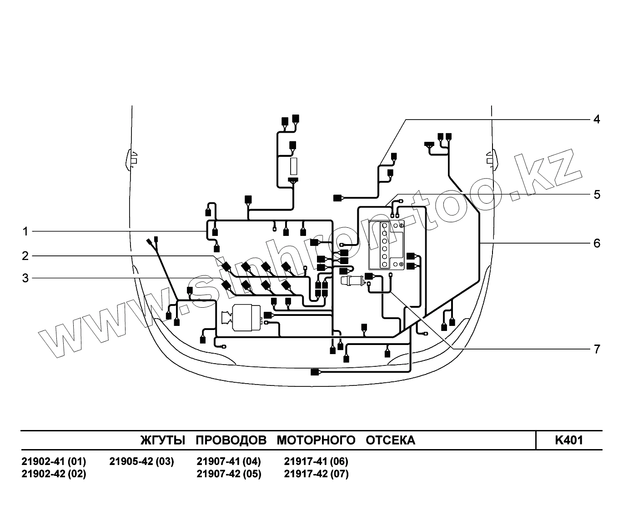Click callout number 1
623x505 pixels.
25,232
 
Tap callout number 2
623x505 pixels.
25,256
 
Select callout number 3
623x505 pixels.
25,278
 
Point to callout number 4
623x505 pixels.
597,119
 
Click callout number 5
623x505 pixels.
597,195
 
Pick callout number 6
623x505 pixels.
597,243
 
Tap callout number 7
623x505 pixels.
597,349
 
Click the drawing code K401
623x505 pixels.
569,440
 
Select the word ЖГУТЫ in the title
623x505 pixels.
163,440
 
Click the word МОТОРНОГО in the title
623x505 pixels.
316,440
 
